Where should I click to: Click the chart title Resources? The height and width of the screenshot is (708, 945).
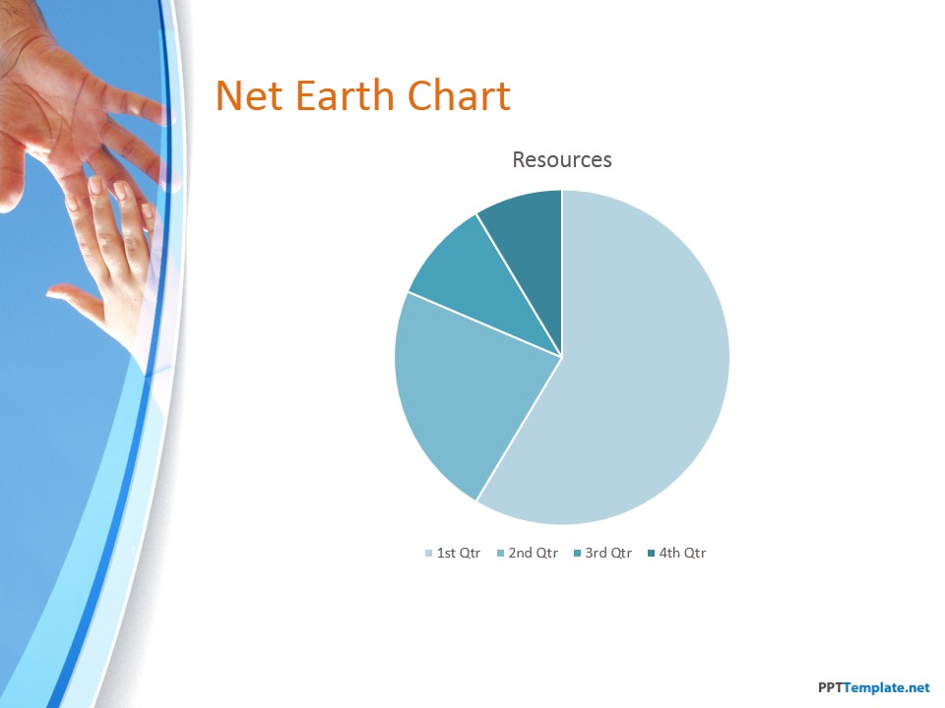point(562,159)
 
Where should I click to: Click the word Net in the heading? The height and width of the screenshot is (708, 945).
point(248,96)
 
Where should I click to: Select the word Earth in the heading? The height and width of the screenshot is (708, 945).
point(345,95)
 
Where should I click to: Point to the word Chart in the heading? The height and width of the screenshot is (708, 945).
point(460,95)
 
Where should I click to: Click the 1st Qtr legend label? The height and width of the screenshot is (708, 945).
point(458,553)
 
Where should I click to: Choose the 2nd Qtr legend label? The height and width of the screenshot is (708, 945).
point(534,553)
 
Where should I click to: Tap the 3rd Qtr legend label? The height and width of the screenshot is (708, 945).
point(608,553)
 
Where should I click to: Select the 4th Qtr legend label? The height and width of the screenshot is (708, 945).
point(682,553)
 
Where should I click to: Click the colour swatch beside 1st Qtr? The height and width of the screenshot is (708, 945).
point(428,554)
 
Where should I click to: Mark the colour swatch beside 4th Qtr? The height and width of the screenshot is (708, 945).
point(651,554)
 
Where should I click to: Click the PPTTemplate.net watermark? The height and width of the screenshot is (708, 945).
point(873,687)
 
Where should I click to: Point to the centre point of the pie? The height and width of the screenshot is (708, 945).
point(562,357)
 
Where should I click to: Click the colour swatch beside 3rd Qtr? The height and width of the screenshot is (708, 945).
point(578,554)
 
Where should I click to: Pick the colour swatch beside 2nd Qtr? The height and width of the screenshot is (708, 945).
point(500,554)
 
